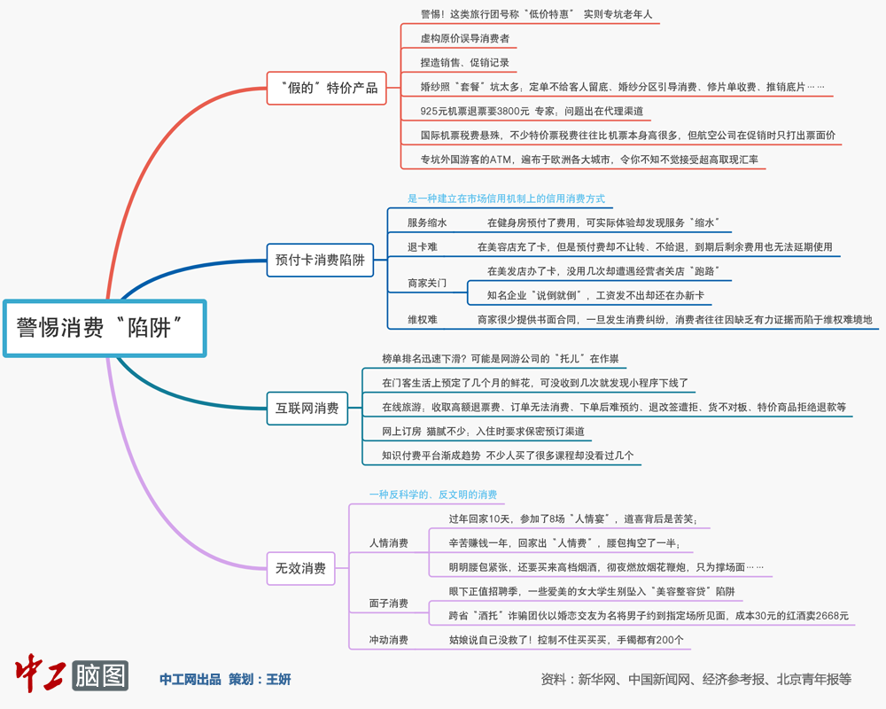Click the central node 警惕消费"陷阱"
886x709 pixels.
tap(105, 328)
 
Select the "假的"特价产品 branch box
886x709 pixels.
tap(328, 88)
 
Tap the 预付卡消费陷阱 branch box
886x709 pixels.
tap(320, 260)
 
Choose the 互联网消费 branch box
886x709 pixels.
tap(307, 408)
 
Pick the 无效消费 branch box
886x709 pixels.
tap(300, 568)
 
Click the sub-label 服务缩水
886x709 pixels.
tap(427, 223)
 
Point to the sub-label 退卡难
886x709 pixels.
tap(423, 247)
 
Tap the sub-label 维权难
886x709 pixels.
tap(423, 319)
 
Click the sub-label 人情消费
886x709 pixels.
tap(389, 542)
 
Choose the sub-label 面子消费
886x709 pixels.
tap(389, 604)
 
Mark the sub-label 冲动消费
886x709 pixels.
tap(389, 640)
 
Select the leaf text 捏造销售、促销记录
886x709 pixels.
tap(465, 63)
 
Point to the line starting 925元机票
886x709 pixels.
tap(532, 111)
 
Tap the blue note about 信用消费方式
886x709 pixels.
tap(506, 199)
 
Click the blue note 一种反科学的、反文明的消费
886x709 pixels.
tap(433, 495)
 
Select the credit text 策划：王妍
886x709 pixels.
tap(260, 680)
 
